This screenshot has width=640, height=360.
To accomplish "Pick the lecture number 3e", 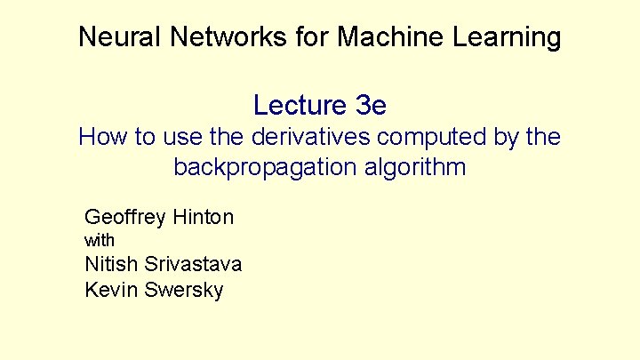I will pos(370,105).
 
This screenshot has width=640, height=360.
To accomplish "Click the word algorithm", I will pos(412,167).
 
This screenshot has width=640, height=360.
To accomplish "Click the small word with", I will pos(100,240).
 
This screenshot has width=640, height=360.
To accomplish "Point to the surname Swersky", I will pos(182,290).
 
